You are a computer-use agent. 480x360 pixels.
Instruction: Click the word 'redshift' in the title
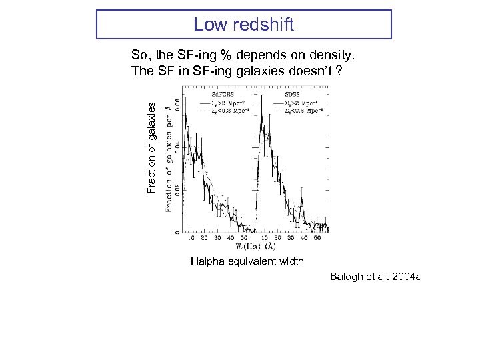point(261,25)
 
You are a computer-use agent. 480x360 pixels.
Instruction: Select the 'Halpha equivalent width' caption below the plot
point(247,261)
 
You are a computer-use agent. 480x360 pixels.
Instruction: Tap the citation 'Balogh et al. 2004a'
point(375,276)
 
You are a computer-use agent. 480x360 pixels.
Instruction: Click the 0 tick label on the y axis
point(176,231)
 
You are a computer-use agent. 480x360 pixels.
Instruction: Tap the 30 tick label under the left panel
point(217,238)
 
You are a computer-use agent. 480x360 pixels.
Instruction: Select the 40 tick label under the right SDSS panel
point(304,238)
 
